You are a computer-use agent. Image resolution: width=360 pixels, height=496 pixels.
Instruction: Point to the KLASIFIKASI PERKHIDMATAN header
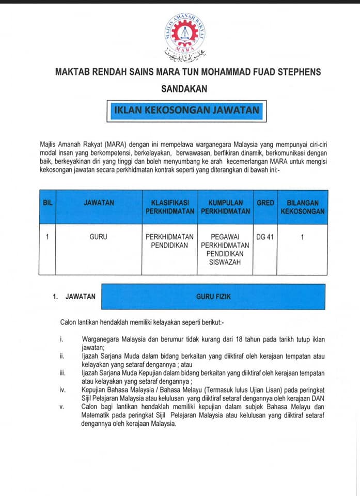(x=169, y=207)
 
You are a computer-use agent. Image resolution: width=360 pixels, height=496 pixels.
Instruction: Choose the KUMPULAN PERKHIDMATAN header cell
(x=225, y=207)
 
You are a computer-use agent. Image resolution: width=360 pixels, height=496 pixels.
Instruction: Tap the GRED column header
(x=265, y=203)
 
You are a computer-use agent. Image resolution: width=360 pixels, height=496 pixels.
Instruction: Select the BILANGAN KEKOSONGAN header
(x=302, y=207)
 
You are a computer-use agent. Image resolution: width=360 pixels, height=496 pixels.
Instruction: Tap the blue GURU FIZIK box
(x=213, y=297)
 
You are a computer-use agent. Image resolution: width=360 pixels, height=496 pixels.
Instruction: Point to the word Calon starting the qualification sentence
(x=69, y=322)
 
